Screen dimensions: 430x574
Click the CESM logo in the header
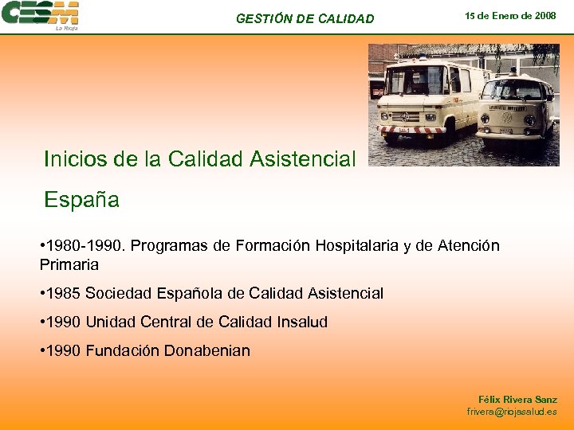tap(40, 14)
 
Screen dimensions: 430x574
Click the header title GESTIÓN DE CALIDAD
tap(305, 18)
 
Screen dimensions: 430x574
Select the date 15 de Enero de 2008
tap(510, 16)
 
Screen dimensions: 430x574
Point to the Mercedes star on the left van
tap(404, 116)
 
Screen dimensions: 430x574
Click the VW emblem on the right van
tap(507, 117)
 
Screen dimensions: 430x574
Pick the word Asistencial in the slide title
tap(302, 159)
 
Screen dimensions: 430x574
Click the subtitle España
tap(81, 200)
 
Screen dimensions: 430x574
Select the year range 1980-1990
tap(84, 245)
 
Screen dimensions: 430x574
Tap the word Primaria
tap(69, 264)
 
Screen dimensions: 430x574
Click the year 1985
tap(64, 294)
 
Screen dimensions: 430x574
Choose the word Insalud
tap(298, 322)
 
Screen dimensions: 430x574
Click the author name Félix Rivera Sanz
tap(517, 399)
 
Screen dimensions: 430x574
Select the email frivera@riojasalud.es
tap(512, 412)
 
